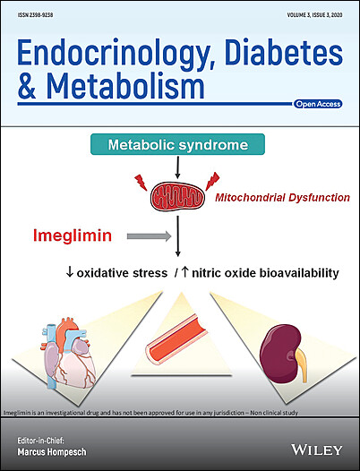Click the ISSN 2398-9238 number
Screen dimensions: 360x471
[x=35, y=14]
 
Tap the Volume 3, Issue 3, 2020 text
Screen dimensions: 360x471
[x=314, y=14]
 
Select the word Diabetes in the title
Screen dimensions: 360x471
[x=284, y=52]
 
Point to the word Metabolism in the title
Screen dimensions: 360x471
[x=125, y=86]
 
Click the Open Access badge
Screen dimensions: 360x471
[x=318, y=104]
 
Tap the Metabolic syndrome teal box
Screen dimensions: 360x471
[x=177, y=144]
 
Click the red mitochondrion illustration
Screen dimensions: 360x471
[x=177, y=196]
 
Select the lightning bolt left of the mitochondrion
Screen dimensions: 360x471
[x=141, y=183]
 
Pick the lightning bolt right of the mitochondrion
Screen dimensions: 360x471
[x=212, y=181]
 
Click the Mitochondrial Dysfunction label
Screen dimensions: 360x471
[x=282, y=198]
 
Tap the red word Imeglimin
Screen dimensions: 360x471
[x=73, y=235]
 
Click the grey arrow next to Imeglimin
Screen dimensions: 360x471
[x=149, y=236]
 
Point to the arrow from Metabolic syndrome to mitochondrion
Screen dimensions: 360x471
[x=177, y=167]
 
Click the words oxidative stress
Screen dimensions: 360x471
[x=122, y=273]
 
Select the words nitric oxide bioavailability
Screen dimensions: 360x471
[x=265, y=273]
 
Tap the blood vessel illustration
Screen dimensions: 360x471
[x=176, y=339]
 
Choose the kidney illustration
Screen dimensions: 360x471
[x=283, y=354]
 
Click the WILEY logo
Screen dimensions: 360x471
[x=317, y=450]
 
